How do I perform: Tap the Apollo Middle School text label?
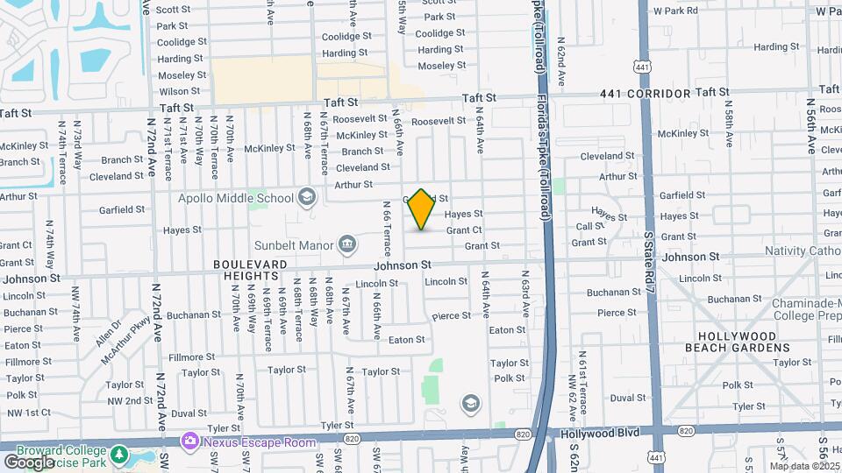tap(236, 198)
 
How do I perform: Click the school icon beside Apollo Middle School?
tap(306, 196)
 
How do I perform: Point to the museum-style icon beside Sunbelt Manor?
tap(347, 243)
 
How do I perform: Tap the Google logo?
tap(28, 461)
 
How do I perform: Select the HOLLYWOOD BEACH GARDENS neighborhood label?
tap(736, 342)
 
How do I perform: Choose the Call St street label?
tap(591, 226)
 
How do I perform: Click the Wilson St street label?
tap(179, 91)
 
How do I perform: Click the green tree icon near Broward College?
tap(120, 456)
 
